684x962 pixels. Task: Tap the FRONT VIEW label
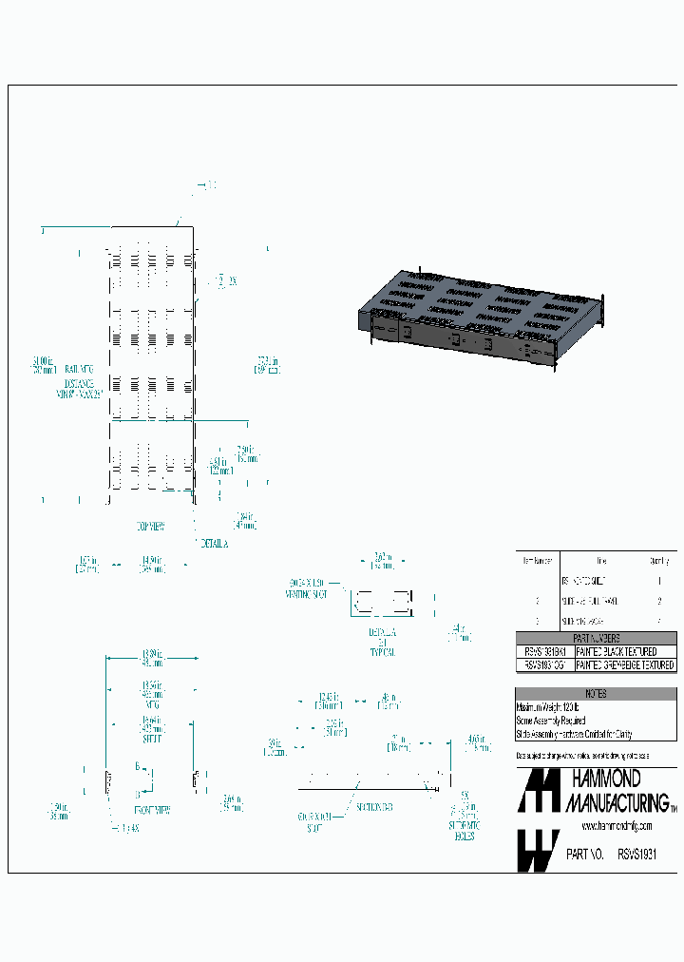pos(151,810)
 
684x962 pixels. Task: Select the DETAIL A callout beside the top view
pos(215,543)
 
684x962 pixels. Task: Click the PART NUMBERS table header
pos(597,639)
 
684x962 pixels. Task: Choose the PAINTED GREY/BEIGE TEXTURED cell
pos(626,665)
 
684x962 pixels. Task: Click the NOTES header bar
pos(597,695)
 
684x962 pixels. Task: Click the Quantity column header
pos(659,560)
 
